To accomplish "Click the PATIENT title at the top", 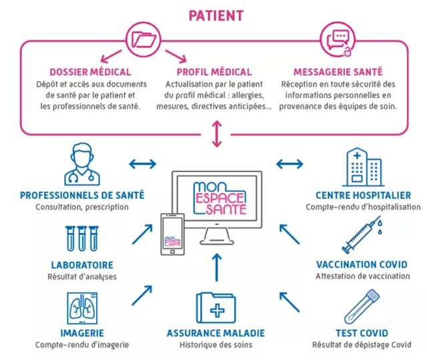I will click(x=215, y=15).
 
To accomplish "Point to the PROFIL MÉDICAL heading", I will click(x=214, y=72).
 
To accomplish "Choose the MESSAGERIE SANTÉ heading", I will click(x=338, y=72).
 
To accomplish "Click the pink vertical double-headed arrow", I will click(x=215, y=134).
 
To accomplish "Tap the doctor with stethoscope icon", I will click(x=81, y=165).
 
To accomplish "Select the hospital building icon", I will click(x=362, y=167).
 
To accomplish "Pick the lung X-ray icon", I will click(x=81, y=308).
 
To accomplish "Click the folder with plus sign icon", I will click(x=214, y=308).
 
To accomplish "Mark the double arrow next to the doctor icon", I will click(x=142, y=163).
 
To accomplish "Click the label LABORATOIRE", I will click(x=81, y=264).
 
